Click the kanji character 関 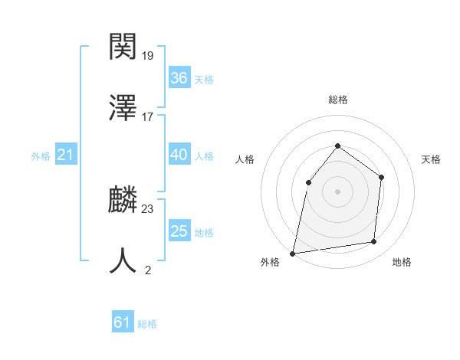tap(123, 47)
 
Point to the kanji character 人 tap(123, 260)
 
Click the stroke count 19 tap(148, 55)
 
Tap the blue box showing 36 tap(179, 78)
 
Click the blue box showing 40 tap(179, 155)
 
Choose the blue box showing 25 tap(179, 231)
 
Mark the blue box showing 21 tap(65, 155)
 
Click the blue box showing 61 tap(122, 323)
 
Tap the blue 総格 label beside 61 tap(147, 324)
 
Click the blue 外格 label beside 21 tap(41, 156)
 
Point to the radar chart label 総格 tap(337, 100)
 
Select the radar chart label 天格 tap(431, 159)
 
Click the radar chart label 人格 tap(245, 159)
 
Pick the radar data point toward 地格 tap(374, 241)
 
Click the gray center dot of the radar tap(337, 191)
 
